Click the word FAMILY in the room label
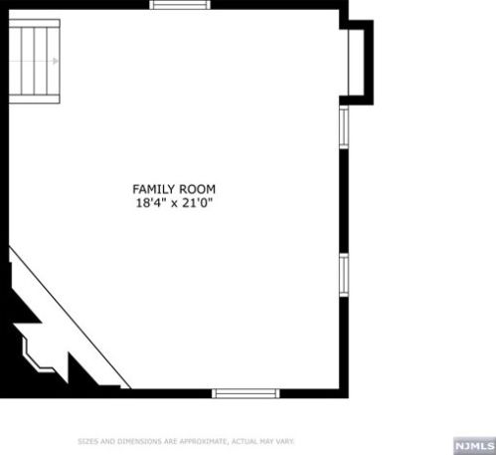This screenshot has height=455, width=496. (x=153, y=189)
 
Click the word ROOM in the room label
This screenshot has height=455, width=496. (x=197, y=189)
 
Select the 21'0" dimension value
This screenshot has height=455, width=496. (x=200, y=203)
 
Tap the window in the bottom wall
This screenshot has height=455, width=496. (x=243, y=393)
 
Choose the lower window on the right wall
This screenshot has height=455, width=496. (x=344, y=275)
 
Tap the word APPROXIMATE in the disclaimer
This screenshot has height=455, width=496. (x=200, y=440)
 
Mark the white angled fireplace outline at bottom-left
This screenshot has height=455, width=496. (x=40, y=351)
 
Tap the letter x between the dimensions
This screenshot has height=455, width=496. (x=176, y=203)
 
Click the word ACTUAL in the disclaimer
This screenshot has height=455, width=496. (x=244, y=440)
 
